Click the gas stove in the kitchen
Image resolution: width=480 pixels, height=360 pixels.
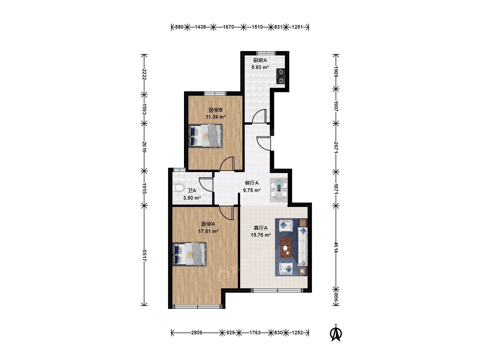click(280, 76)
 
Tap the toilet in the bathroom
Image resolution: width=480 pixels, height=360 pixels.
click(178, 188)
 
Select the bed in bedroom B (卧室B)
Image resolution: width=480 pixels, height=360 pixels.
click(205, 136)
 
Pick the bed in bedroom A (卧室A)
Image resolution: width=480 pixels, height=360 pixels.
click(189, 254)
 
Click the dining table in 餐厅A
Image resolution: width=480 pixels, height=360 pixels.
click(279, 190)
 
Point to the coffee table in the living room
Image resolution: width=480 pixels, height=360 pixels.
click(286, 247)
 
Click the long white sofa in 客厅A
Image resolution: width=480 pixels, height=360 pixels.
click(302, 247)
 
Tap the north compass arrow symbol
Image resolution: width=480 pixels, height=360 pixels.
click(336, 333)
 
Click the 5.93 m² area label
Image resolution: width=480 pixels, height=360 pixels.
click(260, 67)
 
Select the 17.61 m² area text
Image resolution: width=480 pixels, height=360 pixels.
click(208, 231)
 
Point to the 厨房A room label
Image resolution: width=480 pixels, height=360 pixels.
click(260, 60)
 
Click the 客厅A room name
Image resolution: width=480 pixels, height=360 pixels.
click(260, 228)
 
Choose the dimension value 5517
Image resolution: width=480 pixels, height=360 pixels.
click(144, 256)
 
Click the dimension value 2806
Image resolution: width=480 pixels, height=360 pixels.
click(197, 332)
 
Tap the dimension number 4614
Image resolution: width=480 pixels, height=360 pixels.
click(336, 247)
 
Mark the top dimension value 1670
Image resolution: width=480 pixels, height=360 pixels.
click(228, 27)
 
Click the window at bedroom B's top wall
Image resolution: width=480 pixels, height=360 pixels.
click(215, 93)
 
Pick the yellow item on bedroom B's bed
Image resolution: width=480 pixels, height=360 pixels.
click(206, 137)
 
